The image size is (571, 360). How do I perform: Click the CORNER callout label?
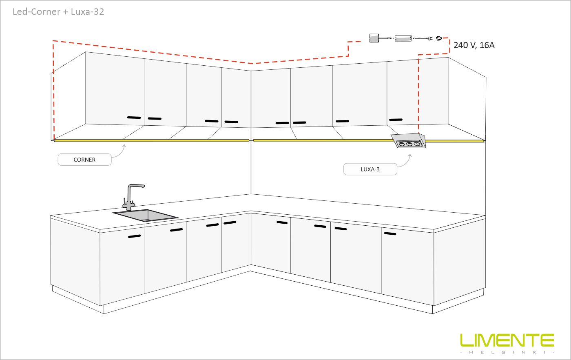(85, 160)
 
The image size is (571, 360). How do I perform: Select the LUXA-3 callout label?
(370, 169)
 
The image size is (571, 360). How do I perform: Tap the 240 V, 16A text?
(474, 45)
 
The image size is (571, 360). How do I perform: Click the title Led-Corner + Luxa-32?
(58, 12)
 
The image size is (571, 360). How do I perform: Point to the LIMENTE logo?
(507, 340)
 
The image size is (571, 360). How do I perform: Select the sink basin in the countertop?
(146, 216)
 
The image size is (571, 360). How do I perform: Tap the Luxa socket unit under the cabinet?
(409, 141)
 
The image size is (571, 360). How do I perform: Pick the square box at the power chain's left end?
(374, 38)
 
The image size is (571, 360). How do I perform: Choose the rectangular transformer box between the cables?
(403, 38)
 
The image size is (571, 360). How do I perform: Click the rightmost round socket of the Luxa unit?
(417, 144)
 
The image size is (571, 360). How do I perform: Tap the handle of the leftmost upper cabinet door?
(134, 118)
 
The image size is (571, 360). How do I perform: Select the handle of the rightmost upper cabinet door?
(396, 120)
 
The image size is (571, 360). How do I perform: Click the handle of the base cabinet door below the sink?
(134, 236)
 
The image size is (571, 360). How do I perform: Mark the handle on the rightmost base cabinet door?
(390, 233)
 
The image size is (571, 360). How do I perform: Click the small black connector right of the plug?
(439, 38)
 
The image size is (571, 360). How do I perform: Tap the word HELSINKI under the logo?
(507, 352)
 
